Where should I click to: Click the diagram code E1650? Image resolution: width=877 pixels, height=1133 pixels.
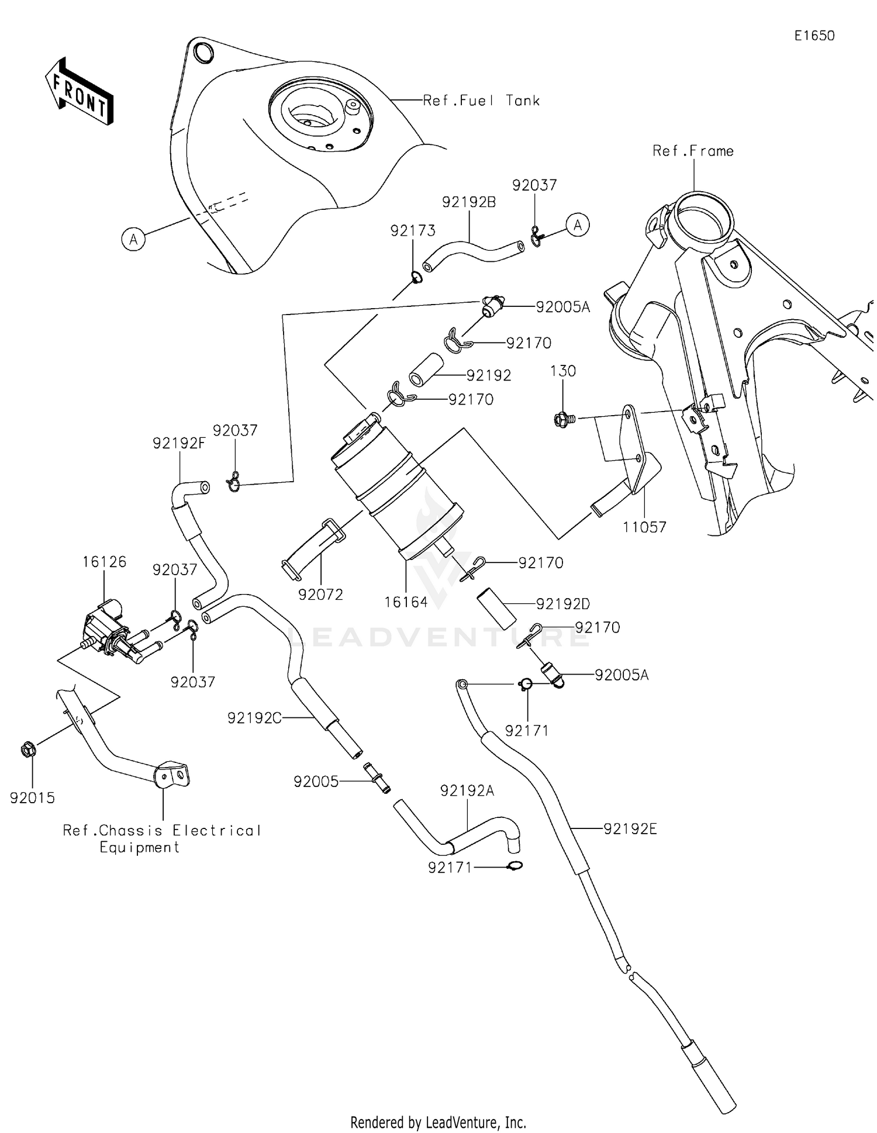tap(814, 36)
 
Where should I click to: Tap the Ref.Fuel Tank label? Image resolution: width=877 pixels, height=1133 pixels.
tap(481, 101)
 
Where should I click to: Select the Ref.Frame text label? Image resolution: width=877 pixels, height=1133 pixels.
tap(693, 151)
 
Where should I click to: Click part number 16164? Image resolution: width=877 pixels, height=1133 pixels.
tap(406, 602)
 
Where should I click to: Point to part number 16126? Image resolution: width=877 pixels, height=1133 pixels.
tap(104, 562)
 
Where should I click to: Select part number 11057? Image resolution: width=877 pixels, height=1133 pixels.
tap(644, 527)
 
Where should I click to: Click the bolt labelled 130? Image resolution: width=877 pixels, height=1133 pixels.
tap(562, 418)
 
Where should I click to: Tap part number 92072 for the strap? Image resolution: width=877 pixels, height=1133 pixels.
tap(320, 595)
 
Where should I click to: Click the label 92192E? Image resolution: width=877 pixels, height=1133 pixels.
tap(630, 828)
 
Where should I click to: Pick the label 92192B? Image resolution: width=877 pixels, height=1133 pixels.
tap(469, 202)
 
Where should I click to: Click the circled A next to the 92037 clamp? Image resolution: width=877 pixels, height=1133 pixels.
tap(578, 225)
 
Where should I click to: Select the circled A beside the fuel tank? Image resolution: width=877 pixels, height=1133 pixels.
tap(134, 239)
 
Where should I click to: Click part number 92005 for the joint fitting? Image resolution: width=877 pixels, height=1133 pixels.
tap(316, 781)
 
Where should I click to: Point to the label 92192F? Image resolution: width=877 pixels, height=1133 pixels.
tap(179, 443)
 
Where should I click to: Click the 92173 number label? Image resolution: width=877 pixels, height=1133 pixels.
tap(413, 231)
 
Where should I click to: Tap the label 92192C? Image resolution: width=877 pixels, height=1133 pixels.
tap(254, 718)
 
